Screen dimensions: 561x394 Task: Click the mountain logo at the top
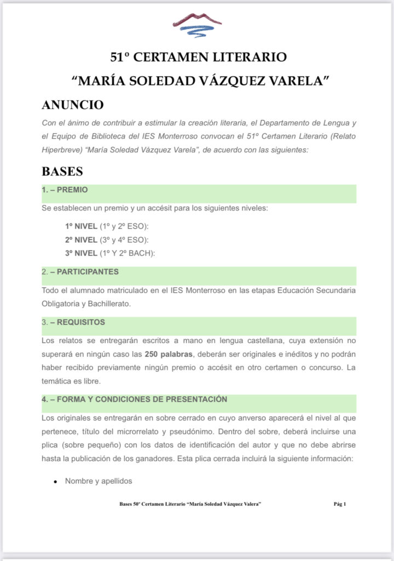click(197, 25)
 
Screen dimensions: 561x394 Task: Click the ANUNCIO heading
click(73, 105)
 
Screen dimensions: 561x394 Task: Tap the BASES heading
click(62, 171)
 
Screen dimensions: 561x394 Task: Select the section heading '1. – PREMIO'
click(65, 190)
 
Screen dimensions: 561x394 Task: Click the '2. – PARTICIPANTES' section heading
click(80, 272)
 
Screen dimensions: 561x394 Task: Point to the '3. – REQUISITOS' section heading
click(73, 322)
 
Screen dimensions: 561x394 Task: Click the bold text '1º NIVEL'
click(80, 226)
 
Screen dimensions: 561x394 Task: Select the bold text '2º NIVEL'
click(80, 239)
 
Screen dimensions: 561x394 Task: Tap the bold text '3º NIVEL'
click(80, 253)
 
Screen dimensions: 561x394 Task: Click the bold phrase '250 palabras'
click(167, 354)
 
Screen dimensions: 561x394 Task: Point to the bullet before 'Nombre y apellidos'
click(55, 482)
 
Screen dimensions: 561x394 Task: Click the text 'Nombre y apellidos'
click(99, 482)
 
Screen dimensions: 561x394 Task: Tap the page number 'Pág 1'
click(340, 504)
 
